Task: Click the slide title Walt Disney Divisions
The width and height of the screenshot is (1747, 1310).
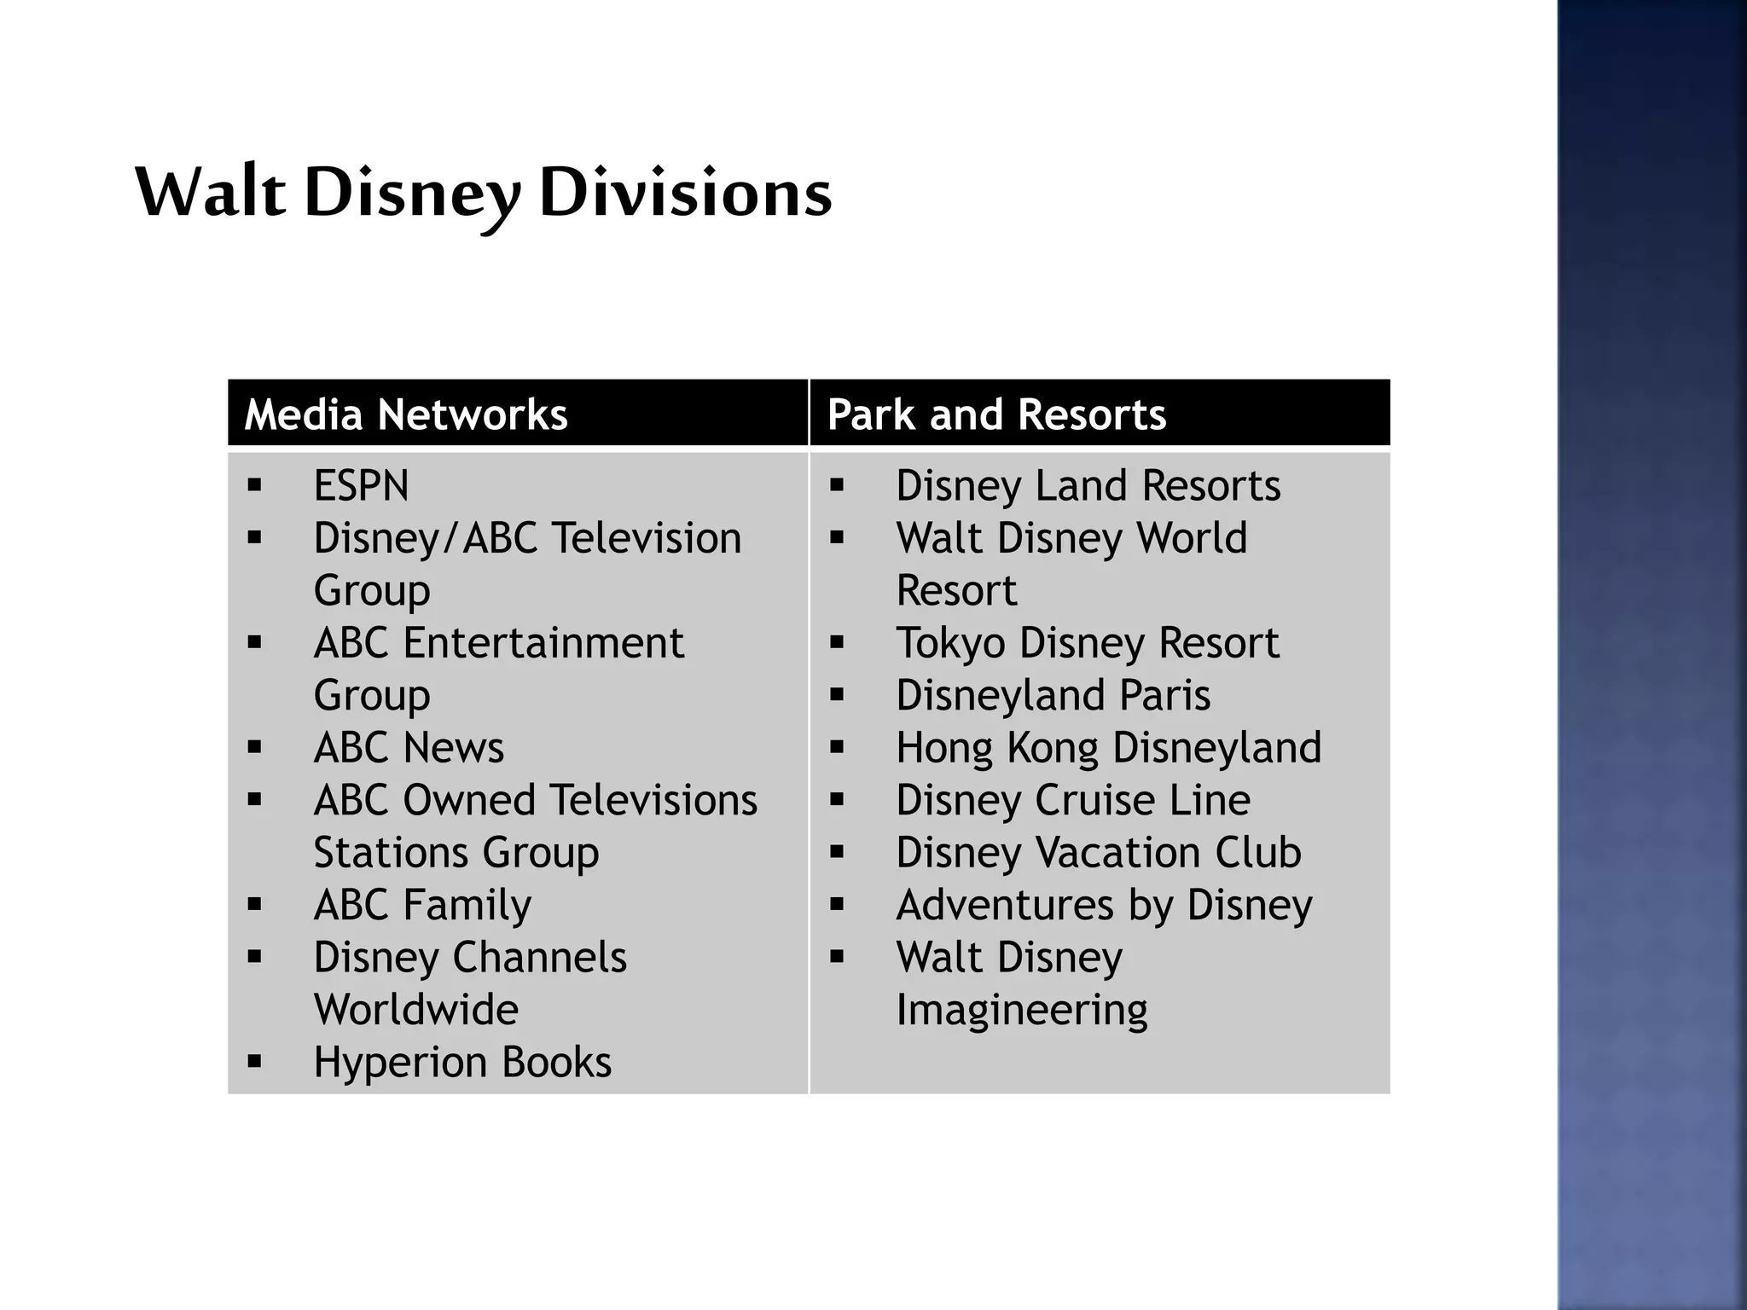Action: coord(483,193)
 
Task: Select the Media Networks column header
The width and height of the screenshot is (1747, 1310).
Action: coord(406,414)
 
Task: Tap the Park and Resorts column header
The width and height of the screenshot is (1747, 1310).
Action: coord(996,414)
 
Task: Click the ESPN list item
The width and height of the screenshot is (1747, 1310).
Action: coord(362,486)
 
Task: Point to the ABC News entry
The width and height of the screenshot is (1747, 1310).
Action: coord(409,748)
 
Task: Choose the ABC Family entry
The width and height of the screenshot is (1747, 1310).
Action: coord(422,905)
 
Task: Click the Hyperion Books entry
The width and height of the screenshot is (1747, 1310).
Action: coord(462,1063)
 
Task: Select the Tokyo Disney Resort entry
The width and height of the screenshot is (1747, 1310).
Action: coord(1088,643)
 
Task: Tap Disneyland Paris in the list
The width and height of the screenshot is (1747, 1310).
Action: coord(1053,696)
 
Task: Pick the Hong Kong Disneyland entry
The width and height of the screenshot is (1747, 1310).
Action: coord(1108,748)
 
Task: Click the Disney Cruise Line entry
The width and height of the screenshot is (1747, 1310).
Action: coord(1073,801)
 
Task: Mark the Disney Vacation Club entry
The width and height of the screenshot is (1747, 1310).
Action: coord(1099,853)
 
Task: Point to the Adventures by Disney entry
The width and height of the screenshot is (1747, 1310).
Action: coord(1104,905)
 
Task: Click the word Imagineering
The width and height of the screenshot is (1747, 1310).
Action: coord(1022,1011)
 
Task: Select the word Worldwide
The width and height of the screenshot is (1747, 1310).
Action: coord(416,1010)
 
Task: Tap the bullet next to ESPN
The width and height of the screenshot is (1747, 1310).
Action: coord(254,486)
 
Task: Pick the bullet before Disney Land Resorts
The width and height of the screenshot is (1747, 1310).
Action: coord(837,486)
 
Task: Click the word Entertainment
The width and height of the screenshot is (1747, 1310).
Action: coord(543,643)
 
